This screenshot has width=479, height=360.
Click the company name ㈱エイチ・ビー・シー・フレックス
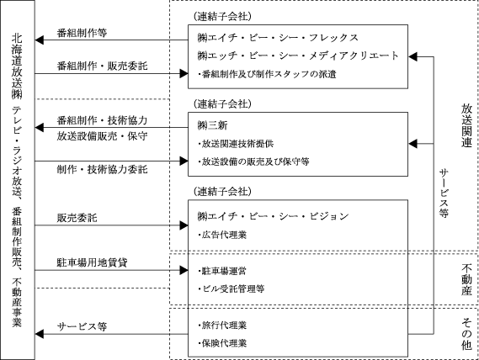click(278, 38)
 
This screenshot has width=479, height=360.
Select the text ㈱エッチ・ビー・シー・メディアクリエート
click(298, 56)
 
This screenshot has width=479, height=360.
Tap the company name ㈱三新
click(212, 125)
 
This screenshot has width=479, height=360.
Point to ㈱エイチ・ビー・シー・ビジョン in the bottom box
click(273, 216)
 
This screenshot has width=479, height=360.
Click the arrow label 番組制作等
click(82, 33)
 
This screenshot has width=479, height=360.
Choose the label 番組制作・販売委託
click(102, 66)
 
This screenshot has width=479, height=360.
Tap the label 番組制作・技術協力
click(102, 120)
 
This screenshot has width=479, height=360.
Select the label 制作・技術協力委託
click(102, 169)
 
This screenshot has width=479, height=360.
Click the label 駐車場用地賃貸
click(92, 262)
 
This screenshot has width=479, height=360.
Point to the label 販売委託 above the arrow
click(77, 218)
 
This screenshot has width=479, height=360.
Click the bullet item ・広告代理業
click(222, 235)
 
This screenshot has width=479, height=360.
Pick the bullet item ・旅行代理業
click(222, 326)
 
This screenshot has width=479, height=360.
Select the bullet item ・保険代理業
click(222, 343)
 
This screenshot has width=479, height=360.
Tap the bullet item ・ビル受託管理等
click(231, 289)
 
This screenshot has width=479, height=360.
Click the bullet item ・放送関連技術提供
click(236, 144)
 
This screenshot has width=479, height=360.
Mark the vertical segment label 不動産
click(466, 280)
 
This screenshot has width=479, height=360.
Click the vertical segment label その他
click(466, 334)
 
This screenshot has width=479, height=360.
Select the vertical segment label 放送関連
click(466, 125)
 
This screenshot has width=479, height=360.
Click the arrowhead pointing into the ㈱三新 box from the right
click(412, 144)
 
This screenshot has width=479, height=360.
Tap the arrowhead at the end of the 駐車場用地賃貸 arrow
click(184, 270)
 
